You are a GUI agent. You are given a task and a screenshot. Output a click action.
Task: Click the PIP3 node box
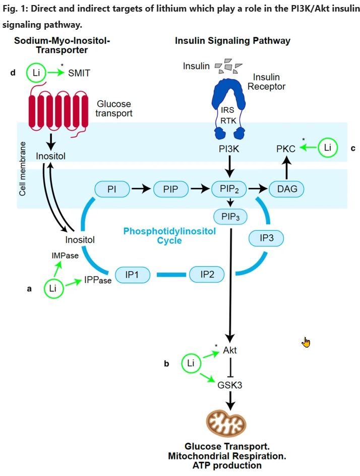[x=230, y=217]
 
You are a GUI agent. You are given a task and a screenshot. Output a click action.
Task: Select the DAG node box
[x=287, y=189]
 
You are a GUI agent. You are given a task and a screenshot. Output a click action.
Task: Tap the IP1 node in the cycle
[x=134, y=275]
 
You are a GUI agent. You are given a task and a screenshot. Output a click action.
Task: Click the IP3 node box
[x=267, y=238]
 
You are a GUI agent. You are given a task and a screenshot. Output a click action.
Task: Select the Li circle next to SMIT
[x=35, y=73]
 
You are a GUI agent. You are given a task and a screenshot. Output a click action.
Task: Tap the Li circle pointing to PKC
[x=328, y=148]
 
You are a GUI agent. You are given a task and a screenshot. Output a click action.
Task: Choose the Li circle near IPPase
[x=53, y=289]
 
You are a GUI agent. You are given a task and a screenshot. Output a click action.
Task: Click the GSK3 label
[x=230, y=385]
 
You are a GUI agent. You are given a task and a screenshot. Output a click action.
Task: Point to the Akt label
[x=230, y=351]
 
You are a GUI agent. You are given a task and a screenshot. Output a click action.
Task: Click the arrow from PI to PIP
[x=142, y=189]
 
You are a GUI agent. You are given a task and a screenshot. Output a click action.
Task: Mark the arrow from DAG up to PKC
[x=286, y=168]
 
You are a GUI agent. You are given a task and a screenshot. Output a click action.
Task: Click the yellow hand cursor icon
[x=306, y=343]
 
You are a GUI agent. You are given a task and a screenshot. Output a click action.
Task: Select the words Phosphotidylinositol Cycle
[x=169, y=235]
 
